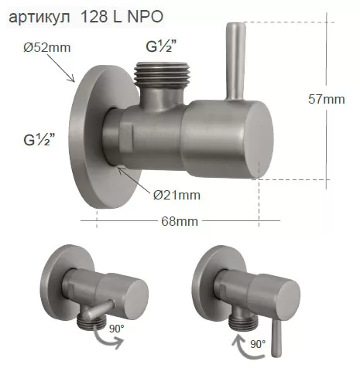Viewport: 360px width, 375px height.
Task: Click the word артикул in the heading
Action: point(39,17)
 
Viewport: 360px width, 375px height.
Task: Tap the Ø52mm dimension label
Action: point(47,48)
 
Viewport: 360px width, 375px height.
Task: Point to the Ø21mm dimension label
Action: point(177,195)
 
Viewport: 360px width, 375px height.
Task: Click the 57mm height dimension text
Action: point(327,99)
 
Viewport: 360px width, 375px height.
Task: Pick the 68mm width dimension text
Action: point(180,221)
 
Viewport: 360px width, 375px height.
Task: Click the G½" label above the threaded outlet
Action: point(161,47)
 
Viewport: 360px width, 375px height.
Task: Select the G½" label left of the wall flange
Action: point(39,140)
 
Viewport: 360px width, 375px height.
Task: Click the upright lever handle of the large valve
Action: point(235,61)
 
